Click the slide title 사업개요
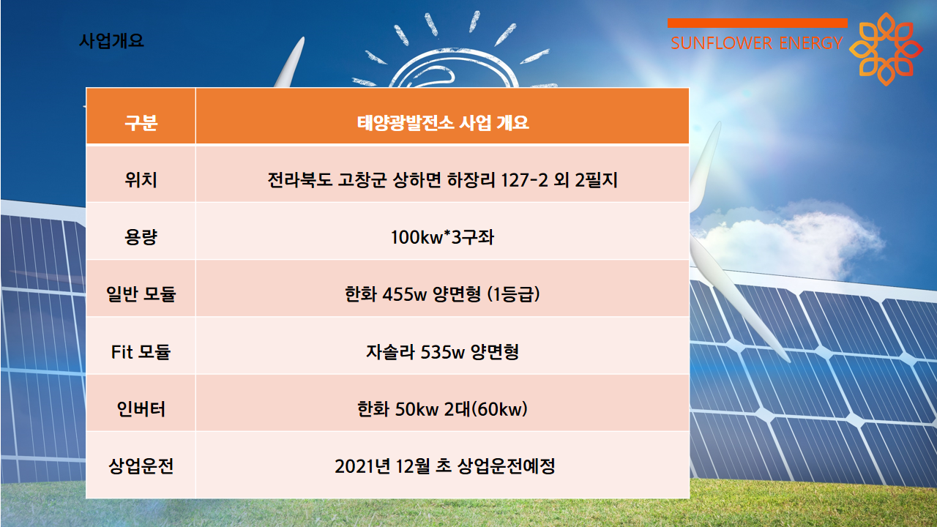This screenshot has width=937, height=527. pyautogui.click(x=111, y=41)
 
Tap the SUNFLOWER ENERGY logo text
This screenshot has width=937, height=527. pyautogui.click(x=757, y=43)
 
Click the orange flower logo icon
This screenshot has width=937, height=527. pyautogui.click(x=886, y=49)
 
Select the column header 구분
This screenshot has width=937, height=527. pyautogui.click(x=141, y=122)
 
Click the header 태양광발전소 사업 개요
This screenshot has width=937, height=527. pyautogui.click(x=443, y=122)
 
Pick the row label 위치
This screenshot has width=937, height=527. pyautogui.click(x=141, y=180)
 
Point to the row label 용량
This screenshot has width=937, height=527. pyautogui.click(x=141, y=237)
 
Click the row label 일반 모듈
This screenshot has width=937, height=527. pyautogui.click(x=141, y=294)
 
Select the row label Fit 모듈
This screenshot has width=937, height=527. pyautogui.click(x=141, y=352)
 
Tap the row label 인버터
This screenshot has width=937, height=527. pyautogui.click(x=141, y=408)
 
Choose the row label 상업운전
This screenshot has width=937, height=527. pyautogui.click(x=141, y=466)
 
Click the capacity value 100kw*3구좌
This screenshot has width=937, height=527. pyautogui.click(x=443, y=237)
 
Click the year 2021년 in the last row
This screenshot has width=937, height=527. pyautogui.click(x=362, y=466)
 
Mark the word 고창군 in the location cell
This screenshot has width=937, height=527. pyautogui.click(x=362, y=180)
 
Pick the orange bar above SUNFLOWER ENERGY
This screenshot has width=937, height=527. pyautogui.click(x=758, y=23)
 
